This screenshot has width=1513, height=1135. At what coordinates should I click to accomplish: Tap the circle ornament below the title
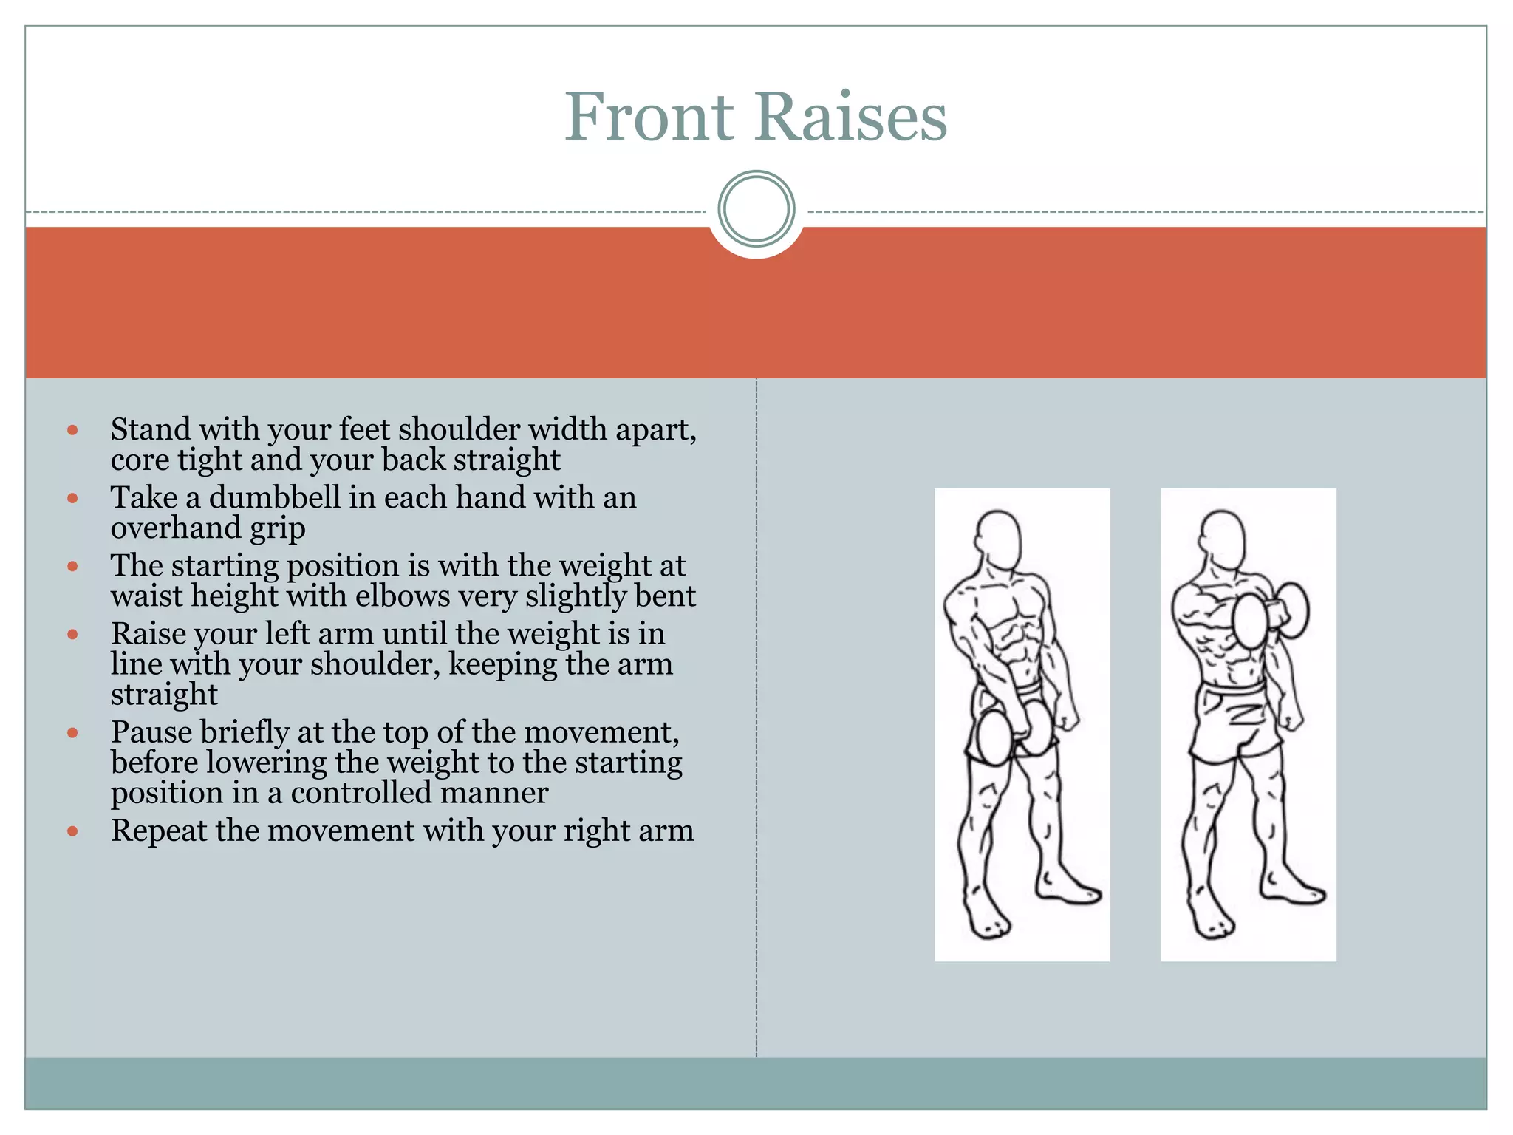point(756,209)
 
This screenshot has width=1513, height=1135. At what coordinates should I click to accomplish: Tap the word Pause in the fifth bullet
point(151,732)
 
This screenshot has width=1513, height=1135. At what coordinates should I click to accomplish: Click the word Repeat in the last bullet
point(159,831)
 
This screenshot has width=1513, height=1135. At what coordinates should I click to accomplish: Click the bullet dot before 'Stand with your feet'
point(72,430)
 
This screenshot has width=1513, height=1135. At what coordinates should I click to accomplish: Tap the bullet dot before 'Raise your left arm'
point(72,634)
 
